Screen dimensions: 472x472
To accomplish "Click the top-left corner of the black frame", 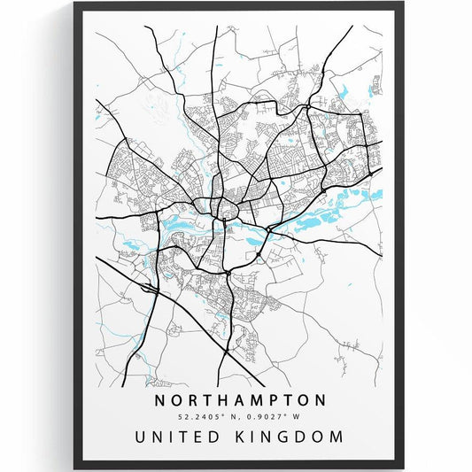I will [x=75, y=4].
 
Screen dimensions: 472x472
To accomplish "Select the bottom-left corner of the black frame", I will [x=75, y=468].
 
